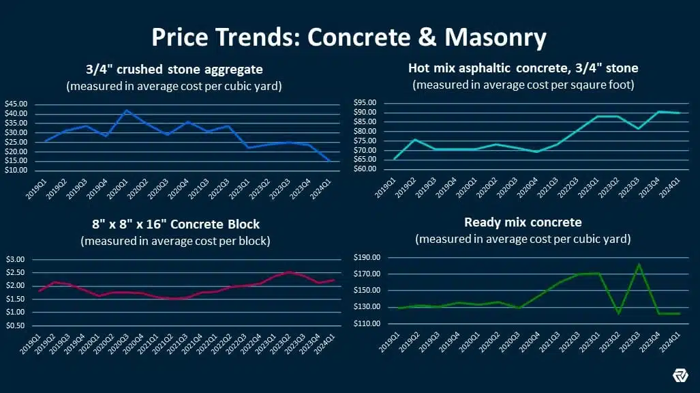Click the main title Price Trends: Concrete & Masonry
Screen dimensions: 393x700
(349, 37)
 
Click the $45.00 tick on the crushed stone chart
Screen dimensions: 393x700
(16, 104)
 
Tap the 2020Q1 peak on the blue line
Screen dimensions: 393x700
(125, 110)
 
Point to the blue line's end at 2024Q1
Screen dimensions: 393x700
(330, 161)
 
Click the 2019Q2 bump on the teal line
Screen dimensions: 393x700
(414, 139)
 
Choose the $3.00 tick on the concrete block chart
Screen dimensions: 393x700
(15, 259)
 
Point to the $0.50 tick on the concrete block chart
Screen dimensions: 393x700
(15, 325)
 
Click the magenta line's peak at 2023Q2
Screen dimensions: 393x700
(289, 272)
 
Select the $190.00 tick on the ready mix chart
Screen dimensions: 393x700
(367, 258)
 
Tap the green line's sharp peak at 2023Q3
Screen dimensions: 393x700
(639, 264)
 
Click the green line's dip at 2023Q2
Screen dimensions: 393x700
(619, 313)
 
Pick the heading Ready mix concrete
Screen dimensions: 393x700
(522, 222)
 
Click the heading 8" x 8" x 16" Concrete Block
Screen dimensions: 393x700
(175, 224)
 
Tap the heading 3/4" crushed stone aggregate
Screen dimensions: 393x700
(175, 69)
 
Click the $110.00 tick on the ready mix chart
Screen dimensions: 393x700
(367, 323)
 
